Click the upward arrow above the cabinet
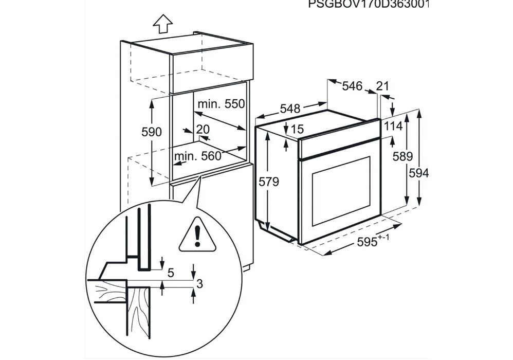point(163,23)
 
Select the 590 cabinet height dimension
point(152,132)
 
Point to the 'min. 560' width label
point(196,156)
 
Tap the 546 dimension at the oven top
point(352,86)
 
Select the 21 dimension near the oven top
point(382,86)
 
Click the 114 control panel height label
point(392,126)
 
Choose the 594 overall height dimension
point(418,173)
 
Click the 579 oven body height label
point(269,182)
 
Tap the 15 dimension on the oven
point(297,130)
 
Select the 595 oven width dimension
point(369,243)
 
